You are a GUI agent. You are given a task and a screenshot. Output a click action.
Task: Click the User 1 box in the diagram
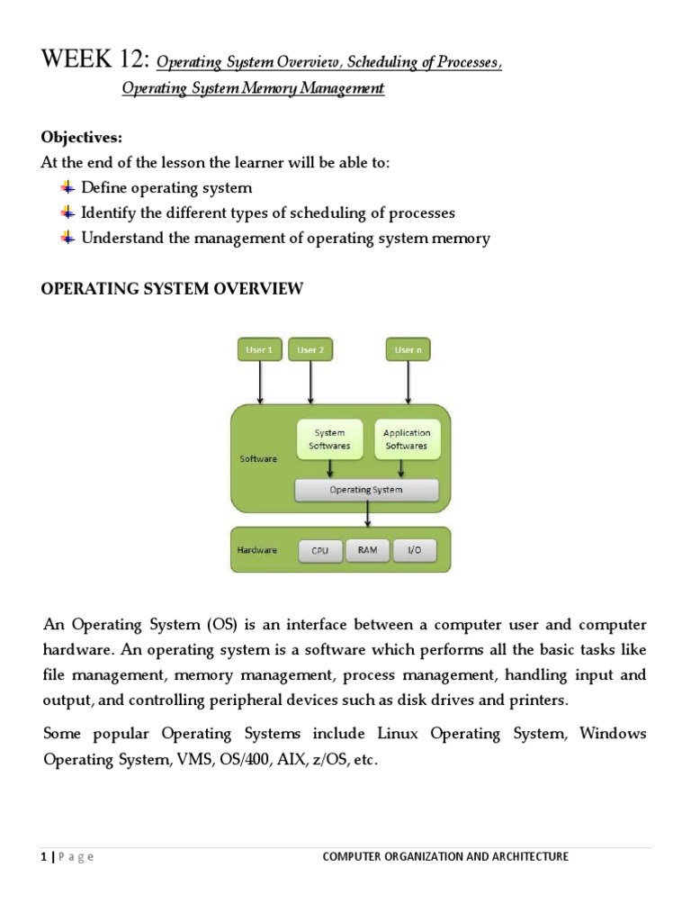pos(260,349)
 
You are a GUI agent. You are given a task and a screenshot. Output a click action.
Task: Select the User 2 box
pos(310,349)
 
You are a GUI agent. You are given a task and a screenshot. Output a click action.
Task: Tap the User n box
pos(409,349)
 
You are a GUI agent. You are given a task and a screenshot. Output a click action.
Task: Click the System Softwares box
pos(329,439)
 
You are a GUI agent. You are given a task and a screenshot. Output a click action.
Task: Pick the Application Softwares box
pos(407,439)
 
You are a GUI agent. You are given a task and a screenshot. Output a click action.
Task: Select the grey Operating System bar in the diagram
pos(366,490)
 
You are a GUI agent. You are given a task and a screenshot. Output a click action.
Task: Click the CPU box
pos(320,550)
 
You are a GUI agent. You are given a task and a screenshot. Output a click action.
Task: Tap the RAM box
pos(367,550)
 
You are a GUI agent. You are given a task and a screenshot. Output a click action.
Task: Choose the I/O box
pos(414,550)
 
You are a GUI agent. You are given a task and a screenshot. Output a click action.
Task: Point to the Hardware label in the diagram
pos(256,549)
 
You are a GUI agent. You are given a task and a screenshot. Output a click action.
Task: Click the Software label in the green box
pos(258,458)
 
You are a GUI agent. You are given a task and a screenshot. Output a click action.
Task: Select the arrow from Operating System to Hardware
pos(367,514)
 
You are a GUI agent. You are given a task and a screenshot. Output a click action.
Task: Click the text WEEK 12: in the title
pos(95,61)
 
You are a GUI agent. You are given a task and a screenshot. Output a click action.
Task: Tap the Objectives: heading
pos(81,138)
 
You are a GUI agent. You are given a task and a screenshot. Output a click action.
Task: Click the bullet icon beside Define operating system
pos(67,187)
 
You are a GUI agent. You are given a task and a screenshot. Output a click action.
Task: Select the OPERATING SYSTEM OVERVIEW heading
pos(173,289)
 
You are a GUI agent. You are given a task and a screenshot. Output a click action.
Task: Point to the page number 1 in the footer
pos(44,857)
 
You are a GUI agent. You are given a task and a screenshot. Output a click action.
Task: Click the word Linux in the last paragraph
pos(399,733)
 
